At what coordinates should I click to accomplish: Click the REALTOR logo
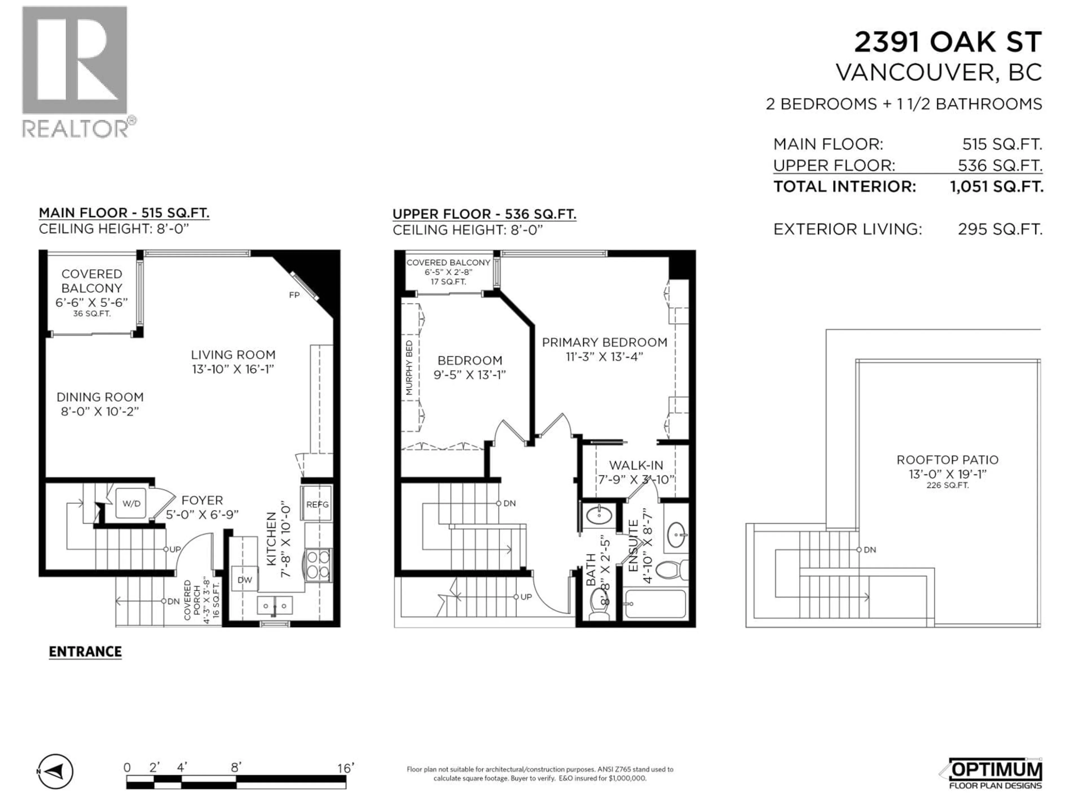pyautogui.click(x=76, y=71)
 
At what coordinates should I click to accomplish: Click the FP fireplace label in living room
pyautogui.click(x=294, y=295)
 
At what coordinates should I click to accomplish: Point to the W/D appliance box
pyautogui.click(x=131, y=504)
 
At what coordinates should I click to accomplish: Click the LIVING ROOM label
pyautogui.click(x=233, y=355)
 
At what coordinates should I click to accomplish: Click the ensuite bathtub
pyautogui.click(x=655, y=603)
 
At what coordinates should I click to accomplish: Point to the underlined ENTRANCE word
pyautogui.click(x=85, y=652)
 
